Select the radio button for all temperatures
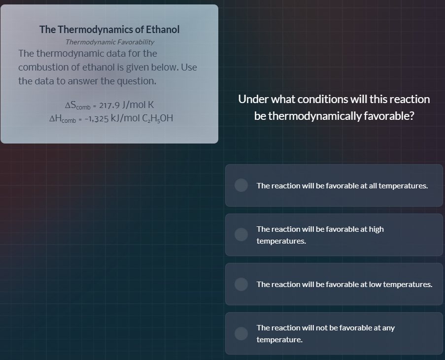pyautogui.click(x=241, y=185)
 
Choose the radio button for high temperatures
pyautogui.click(x=241, y=235)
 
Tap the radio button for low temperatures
pyautogui.click(x=241, y=284)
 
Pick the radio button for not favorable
pyautogui.click(x=241, y=333)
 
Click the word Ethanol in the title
pyautogui.click(x=163, y=30)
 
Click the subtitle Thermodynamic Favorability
pyautogui.click(x=110, y=42)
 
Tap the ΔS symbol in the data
pyautogui.click(x=71, y=105)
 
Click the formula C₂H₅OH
pyautogui.click(x=158, y=118)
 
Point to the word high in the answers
pyautogui.click(x=376, y=229)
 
